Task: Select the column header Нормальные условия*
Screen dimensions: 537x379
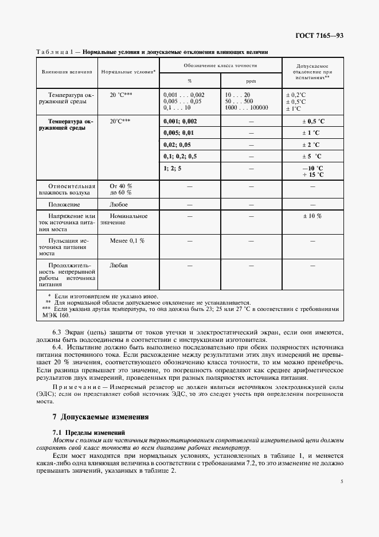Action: [128, 72]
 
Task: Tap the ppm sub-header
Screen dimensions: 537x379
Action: [251, 81]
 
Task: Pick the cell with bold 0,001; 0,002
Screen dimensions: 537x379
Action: [179, 122]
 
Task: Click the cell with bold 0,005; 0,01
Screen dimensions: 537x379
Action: [178, 133]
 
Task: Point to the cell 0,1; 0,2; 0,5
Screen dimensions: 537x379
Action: [179, 156]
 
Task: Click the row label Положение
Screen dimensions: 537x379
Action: [64, 204]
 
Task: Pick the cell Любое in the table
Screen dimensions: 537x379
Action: [119, 204]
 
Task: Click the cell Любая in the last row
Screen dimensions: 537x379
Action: [119, 265]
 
